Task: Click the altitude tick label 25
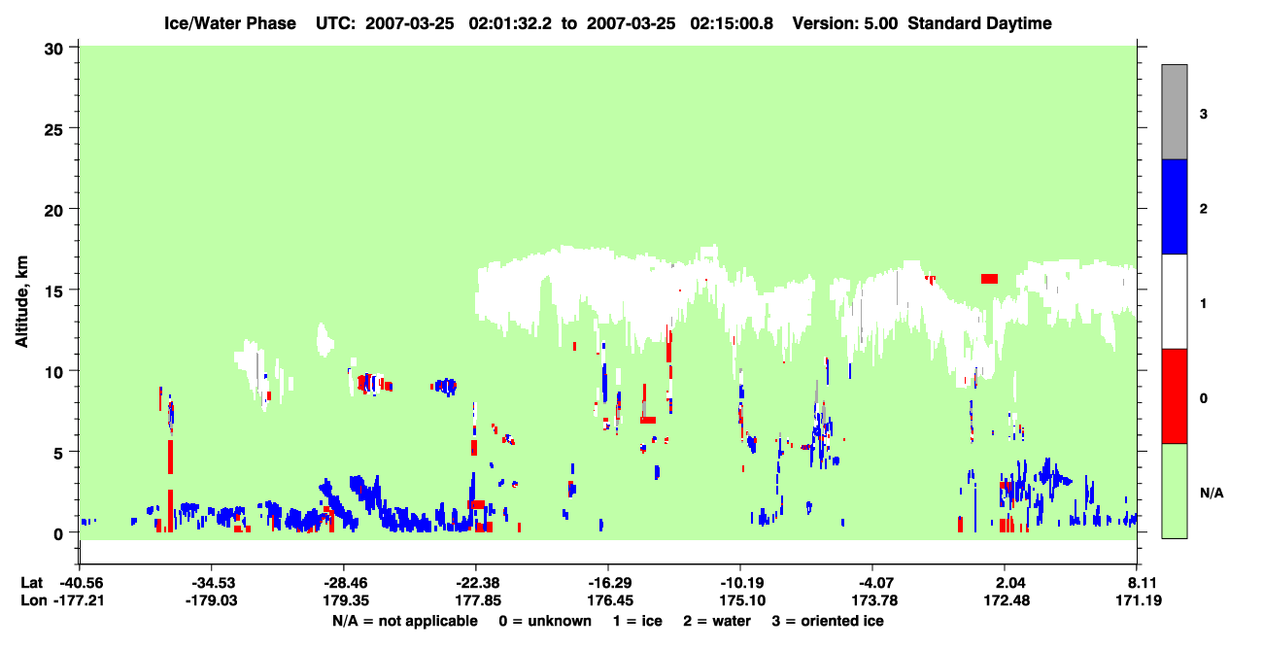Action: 53,130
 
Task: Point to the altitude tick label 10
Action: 53,373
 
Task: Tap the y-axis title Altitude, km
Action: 21,302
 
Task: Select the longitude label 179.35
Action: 345,600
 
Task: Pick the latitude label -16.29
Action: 610,583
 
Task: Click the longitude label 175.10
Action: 742,600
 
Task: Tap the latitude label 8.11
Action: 1139,583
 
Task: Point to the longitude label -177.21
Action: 79,600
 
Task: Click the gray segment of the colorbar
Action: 1174,112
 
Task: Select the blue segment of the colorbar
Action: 1174,206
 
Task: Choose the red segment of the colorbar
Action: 1174,396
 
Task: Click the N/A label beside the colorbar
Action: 1212,493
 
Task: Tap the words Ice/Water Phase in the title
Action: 230,23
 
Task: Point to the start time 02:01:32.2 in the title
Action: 510,23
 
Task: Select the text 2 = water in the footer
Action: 717,621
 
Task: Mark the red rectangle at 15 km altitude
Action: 989,279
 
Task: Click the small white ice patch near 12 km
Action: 324,339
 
